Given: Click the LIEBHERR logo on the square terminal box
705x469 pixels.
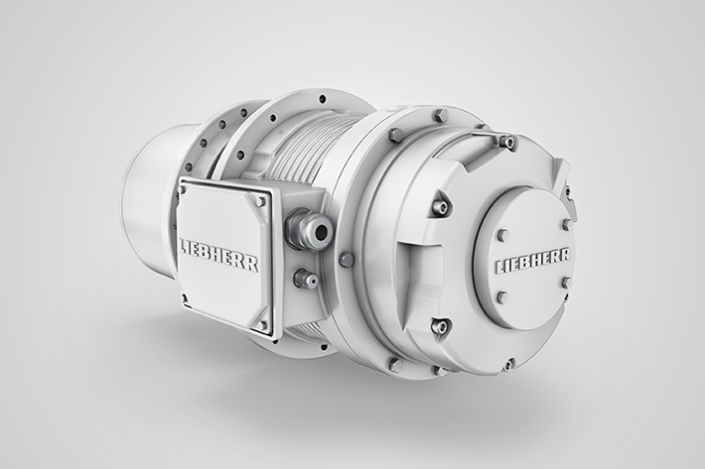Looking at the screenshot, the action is click(219, 255).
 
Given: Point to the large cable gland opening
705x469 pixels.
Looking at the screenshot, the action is click(322, 232).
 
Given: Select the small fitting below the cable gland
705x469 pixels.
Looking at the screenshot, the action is click(306, 280).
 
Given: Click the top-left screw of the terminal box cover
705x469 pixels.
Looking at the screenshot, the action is click(182, 190).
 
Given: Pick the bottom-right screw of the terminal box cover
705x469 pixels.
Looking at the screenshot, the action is click(262, 324).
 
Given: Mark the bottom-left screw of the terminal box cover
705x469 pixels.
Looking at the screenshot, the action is click(184, 296).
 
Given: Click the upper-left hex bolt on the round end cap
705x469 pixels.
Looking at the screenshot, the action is click(503, 236).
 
